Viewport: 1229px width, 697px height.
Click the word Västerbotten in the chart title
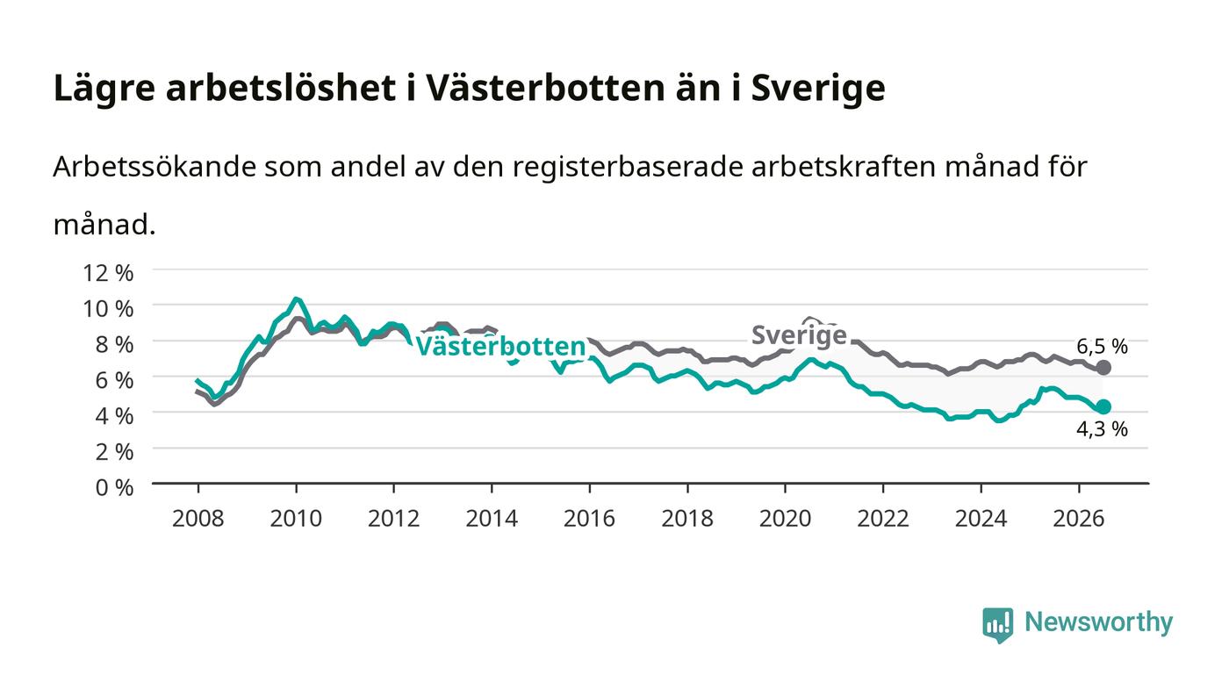pos(545,88)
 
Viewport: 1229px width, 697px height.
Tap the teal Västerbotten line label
pos(501,346)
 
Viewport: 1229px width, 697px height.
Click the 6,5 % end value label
pos(1102,346)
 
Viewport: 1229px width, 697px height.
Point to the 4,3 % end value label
pos(1102,428)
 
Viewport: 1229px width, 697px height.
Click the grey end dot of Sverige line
pos(1103,368)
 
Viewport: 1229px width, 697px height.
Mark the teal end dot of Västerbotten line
pos(1103,406)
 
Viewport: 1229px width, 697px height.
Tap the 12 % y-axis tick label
pos(108,273)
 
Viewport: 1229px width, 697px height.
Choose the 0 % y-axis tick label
pos(114,487)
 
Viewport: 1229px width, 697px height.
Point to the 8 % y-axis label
pos(114,345)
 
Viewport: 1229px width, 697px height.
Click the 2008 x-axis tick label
pos(198,519)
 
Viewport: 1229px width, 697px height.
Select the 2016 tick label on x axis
pos(589,519)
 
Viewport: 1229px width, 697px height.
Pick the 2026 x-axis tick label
pos(1079,519)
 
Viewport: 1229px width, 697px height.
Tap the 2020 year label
pos(785,519)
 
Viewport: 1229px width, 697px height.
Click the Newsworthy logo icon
pos(997,625)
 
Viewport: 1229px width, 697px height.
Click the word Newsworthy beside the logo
pos(1098,622)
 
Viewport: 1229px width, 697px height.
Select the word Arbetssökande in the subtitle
pos(155,167)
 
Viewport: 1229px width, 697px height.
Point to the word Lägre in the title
pos(104,89)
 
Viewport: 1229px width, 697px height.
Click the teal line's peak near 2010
pos(297,299)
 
